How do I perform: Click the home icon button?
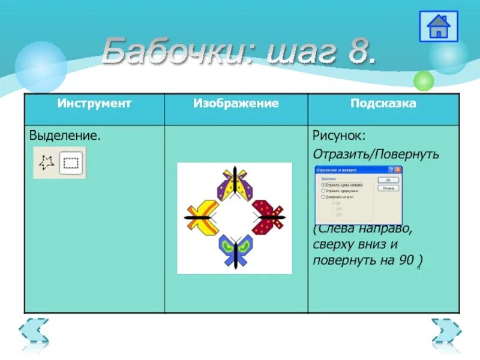(439, 26)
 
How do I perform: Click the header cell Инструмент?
(94, 103)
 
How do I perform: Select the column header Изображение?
(236, 103)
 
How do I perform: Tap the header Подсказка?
(383, 103)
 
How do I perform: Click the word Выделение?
(64, 136)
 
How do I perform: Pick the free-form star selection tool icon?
(47, 162)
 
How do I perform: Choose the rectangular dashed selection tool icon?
(72, 162)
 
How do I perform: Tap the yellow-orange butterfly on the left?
(202, 217)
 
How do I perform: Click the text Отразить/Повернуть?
(376, 154)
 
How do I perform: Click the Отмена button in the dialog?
(388, 188)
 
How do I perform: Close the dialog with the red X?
(397, 170)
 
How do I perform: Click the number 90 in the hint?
(406, 260)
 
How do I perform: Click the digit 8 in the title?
(361, 52)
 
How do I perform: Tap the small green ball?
(424, 80)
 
